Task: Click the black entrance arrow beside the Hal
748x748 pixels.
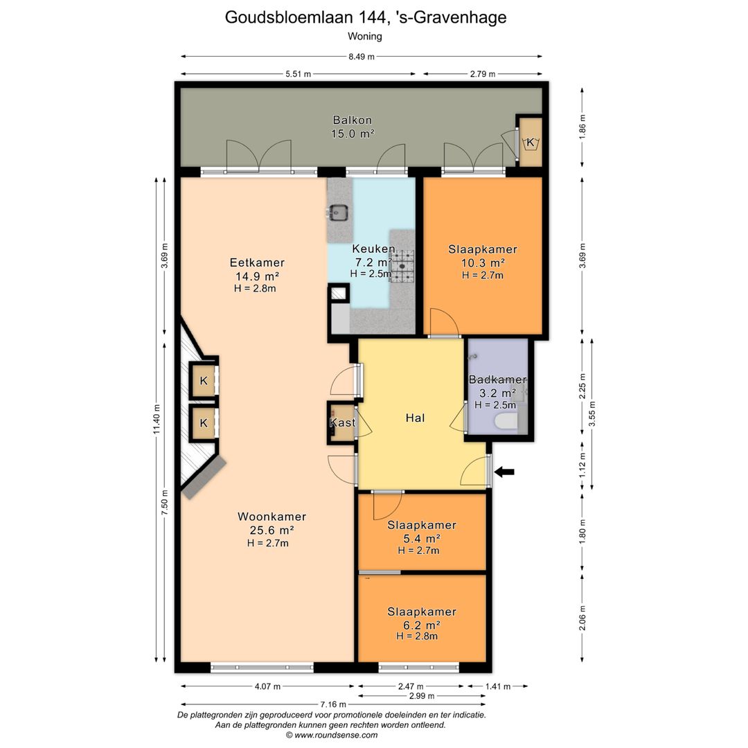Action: [504, 472]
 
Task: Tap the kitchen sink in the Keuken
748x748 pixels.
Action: [339, 212]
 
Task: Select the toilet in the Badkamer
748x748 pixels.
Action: [506, 422]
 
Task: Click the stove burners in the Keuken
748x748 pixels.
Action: [402, 266]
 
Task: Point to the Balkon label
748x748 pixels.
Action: [353, 121]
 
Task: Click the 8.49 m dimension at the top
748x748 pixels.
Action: [361, 57]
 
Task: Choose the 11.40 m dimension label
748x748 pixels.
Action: [157, 419]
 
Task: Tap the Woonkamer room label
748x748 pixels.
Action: [272, 517]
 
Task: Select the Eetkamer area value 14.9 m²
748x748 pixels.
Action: [257, 276]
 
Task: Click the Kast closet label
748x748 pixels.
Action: [343, 422]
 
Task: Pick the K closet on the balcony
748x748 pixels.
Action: [531, 142]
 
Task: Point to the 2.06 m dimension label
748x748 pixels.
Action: [582, 618]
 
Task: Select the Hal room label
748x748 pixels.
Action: [415, 418]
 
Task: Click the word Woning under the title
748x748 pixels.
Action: [365, 36]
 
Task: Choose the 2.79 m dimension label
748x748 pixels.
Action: [482, 74]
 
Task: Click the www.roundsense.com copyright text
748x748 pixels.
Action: [332, 735]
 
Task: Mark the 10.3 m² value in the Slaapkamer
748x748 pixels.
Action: [483, 263]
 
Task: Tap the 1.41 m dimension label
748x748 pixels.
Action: [497, 686]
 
